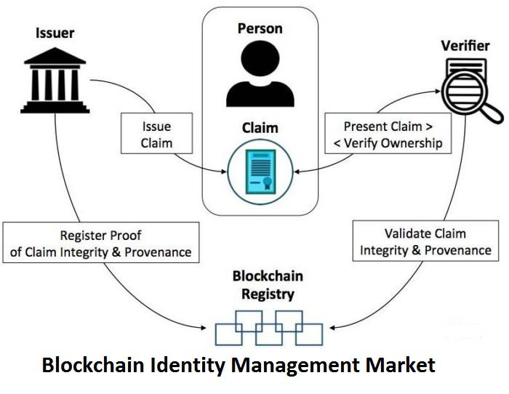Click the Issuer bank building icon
[55, 80]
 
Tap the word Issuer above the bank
[55, 33]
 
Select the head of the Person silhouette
[260, 58]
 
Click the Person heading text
[260, 28]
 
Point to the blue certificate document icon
[260, 172]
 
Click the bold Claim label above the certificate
[260, 128]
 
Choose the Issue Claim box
[157, 133]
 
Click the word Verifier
[465, 46]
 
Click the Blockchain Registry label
[268, 285]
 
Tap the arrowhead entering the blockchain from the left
[204, 328]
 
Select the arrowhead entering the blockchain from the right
[332, 328]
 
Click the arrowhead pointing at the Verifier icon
[438, 92]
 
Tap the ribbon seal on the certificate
[267, 183]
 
